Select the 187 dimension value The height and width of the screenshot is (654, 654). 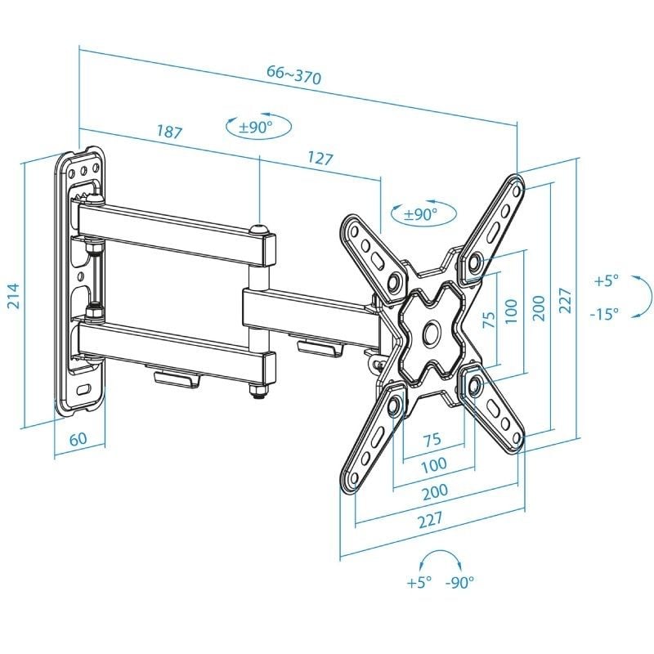point(168,132)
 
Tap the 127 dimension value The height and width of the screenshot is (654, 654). point(320,158)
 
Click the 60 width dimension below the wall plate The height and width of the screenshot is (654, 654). point(78,438)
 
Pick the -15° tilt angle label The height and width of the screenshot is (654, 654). point(604,313)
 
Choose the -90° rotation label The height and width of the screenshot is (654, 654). point(459,583)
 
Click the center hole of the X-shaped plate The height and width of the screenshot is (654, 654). point(431,334)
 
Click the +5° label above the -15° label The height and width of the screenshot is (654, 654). point(606,280)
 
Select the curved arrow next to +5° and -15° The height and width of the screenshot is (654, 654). point(643,295)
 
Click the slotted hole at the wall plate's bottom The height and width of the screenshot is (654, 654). point(84,388)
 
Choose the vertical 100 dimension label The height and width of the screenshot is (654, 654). point(512,311)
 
